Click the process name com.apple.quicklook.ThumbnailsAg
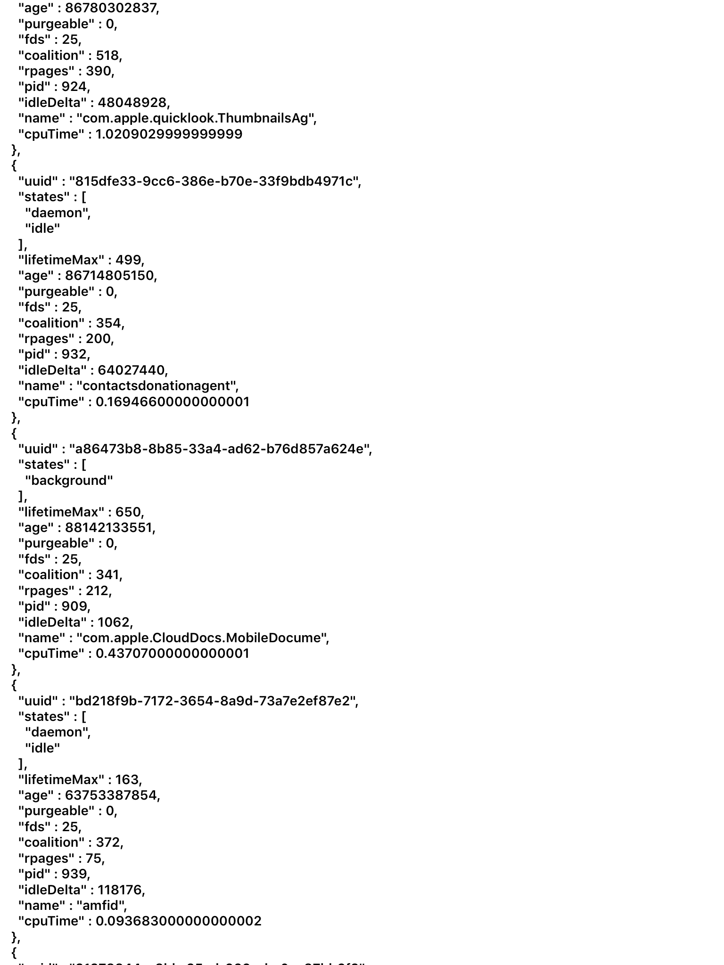tap(196, 118)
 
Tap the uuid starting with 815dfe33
tap(215, 181)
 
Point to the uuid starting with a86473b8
tap(220, 449)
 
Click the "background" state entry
tap(69, 481)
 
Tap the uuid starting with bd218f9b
tap(214, 701)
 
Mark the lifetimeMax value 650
tap(128, 512)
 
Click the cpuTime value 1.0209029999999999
tap(169, 134)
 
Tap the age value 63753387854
tap(111, 795)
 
